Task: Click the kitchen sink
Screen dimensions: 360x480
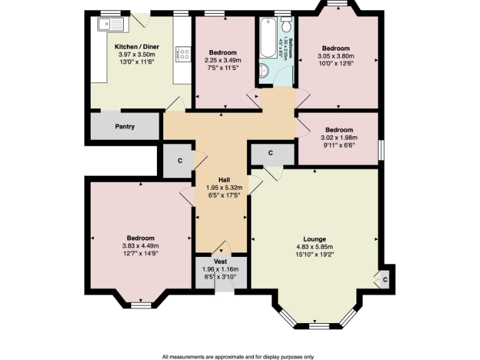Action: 113,25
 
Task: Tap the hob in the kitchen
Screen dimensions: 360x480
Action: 183,53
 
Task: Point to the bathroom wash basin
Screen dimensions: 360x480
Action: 262,70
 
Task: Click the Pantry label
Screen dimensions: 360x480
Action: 125,127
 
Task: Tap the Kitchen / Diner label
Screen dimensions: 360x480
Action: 137,47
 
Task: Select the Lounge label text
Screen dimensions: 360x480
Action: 314,239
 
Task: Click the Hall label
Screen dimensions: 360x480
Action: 223,179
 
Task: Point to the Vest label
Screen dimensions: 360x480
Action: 220,261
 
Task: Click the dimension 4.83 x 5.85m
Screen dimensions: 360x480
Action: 314,247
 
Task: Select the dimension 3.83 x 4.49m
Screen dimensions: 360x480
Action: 141,246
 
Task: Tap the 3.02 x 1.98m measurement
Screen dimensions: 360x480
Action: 338,137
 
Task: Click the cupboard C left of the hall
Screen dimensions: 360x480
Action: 180,161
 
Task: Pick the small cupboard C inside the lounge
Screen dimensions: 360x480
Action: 385,279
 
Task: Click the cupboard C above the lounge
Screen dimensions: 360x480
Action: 271,153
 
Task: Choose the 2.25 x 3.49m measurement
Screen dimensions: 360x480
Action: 223,60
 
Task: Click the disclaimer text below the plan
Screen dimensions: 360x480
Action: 237,356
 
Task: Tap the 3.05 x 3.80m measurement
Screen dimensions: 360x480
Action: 336,56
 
